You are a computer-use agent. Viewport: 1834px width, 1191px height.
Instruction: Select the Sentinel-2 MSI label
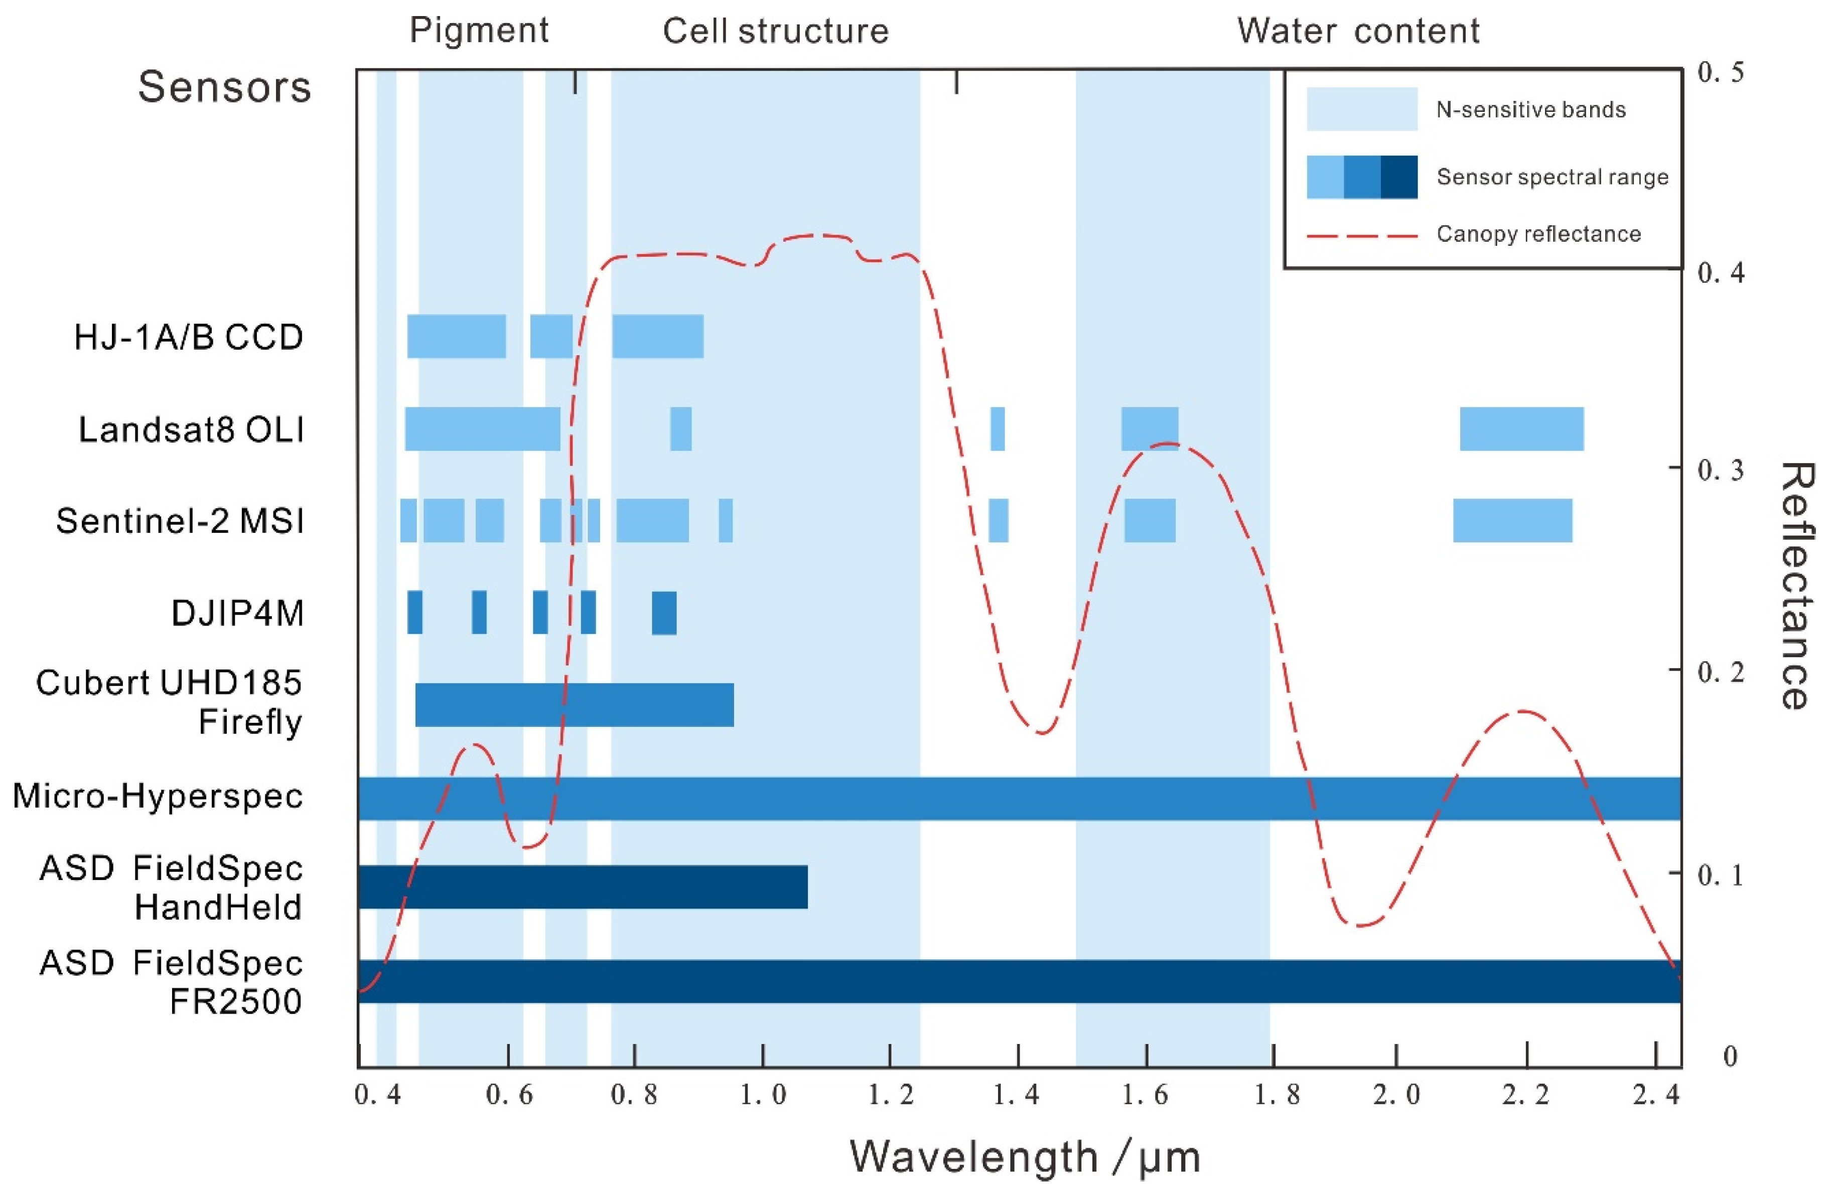click(180, 522)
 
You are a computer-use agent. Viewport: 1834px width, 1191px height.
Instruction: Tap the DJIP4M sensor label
click(237, 614)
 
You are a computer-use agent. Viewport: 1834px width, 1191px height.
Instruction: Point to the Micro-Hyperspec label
click(158, 796)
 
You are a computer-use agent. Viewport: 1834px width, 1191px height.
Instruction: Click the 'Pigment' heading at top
click(479, 31)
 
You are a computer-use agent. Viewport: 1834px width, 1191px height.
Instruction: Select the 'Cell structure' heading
click(775, 31)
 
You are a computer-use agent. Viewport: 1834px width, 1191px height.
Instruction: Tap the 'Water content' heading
click(1358, 31)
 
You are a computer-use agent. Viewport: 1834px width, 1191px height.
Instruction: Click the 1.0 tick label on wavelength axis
click(763, 1095)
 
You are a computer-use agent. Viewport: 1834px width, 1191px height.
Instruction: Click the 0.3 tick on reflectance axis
click(1720, 470)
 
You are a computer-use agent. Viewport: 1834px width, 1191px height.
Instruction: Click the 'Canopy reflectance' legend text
click(1538, 234)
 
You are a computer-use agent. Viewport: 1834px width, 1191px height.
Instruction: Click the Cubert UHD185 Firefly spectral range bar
click(574, 705)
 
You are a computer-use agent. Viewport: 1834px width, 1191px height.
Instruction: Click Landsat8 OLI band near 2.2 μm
click(1521, 429)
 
